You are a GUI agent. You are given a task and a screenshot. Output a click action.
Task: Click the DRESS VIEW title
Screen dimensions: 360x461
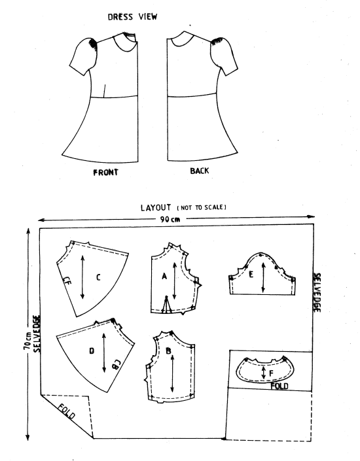coord(132,17)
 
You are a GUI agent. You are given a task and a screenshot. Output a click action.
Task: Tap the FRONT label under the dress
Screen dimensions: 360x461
coord(105,172)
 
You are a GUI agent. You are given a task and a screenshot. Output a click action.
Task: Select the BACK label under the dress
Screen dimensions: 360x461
coord(200,171)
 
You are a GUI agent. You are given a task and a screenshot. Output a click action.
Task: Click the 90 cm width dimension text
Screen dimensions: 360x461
coord(170,219)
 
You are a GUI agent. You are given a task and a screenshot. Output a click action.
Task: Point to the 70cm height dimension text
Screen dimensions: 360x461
coord(27,341)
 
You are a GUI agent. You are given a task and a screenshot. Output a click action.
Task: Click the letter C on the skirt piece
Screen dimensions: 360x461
coord(98,277)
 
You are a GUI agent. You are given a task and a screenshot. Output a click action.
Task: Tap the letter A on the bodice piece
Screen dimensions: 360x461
coord(164,277)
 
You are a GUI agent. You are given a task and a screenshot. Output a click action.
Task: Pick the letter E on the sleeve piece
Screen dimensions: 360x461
coord(251,275)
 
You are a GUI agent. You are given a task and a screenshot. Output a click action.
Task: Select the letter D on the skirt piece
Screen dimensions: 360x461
coord(92,350)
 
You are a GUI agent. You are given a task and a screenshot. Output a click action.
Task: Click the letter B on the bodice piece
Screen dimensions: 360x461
coord(169,350)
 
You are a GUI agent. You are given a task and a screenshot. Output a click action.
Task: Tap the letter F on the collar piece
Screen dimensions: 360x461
coord(272,373)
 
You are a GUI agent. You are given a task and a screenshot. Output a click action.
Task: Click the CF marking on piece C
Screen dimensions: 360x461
coord(67,281)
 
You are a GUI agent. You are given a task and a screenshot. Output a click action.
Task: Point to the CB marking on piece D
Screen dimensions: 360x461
coord(116,364)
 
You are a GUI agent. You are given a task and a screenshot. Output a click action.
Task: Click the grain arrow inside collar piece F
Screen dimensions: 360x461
coord(264,373)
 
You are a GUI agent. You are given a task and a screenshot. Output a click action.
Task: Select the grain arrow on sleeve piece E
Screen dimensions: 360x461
coord(263,277)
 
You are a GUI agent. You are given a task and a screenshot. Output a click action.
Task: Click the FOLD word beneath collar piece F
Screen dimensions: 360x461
coord(279,386)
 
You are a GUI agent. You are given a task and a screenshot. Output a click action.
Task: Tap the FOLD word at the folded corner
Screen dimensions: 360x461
coord(66,411)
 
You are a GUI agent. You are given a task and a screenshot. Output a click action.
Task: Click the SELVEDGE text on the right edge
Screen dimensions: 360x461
coord(317,293)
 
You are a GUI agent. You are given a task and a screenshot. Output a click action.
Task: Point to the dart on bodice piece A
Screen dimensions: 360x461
coord(166,304)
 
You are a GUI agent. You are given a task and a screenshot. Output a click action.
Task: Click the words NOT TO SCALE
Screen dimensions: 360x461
coord(202,207)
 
